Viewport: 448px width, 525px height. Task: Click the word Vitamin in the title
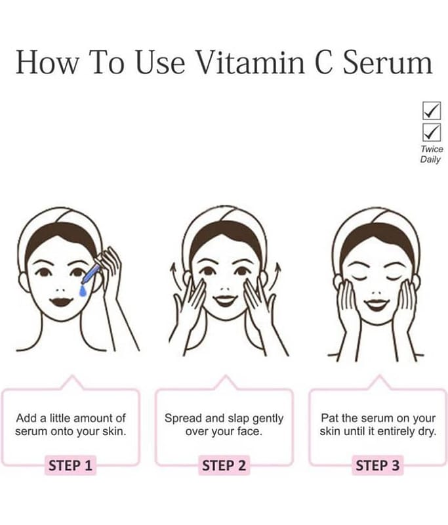tap(251, 62)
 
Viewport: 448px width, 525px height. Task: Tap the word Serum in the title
tap(388, 62)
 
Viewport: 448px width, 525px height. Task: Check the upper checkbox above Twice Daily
tap(431, 110)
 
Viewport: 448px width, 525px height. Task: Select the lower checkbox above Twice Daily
tap(431, 133)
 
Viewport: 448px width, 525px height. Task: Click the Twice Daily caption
tap(432, 154)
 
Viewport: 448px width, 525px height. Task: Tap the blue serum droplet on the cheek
tap(83, 291)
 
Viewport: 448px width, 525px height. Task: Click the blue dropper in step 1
tap(91, 274)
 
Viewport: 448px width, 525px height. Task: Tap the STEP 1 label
tap(70, 465)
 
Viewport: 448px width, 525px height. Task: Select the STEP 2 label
tap(224, 465)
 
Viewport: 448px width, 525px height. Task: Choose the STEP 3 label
tap(377, 465)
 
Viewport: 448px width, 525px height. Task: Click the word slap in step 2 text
tap(239, 419)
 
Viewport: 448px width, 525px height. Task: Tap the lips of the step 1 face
tap(61, 301)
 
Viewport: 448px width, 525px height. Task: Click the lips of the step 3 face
tap(377, 304)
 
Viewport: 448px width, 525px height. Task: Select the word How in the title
tap(47, 62)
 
